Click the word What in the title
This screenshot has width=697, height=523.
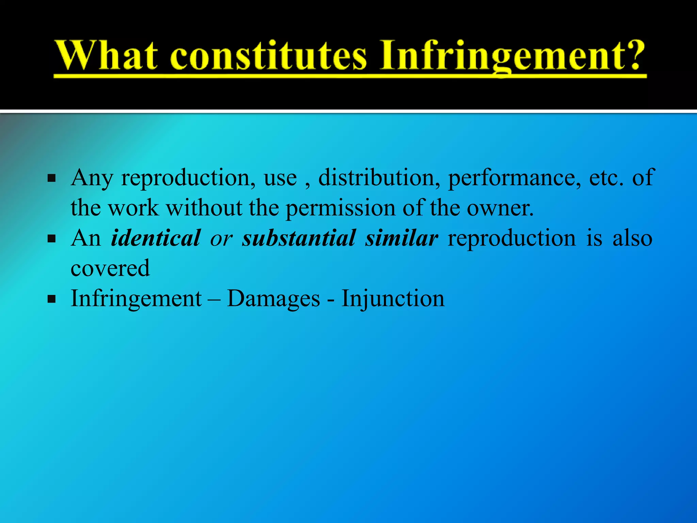[106, 56]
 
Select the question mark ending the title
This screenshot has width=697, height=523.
[634, 54]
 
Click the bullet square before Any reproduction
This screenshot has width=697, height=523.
[52, 178]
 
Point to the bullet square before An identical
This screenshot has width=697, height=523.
[52, 239]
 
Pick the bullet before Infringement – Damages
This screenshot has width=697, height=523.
[52, 299]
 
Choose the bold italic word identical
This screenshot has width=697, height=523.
[156, 238]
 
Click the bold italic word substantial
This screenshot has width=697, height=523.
[299, 238]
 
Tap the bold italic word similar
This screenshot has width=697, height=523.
[402, 238]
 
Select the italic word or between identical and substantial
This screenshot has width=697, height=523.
[221, 239]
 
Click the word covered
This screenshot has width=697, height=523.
[110, 268]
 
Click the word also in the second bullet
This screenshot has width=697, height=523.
[632, 238]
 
